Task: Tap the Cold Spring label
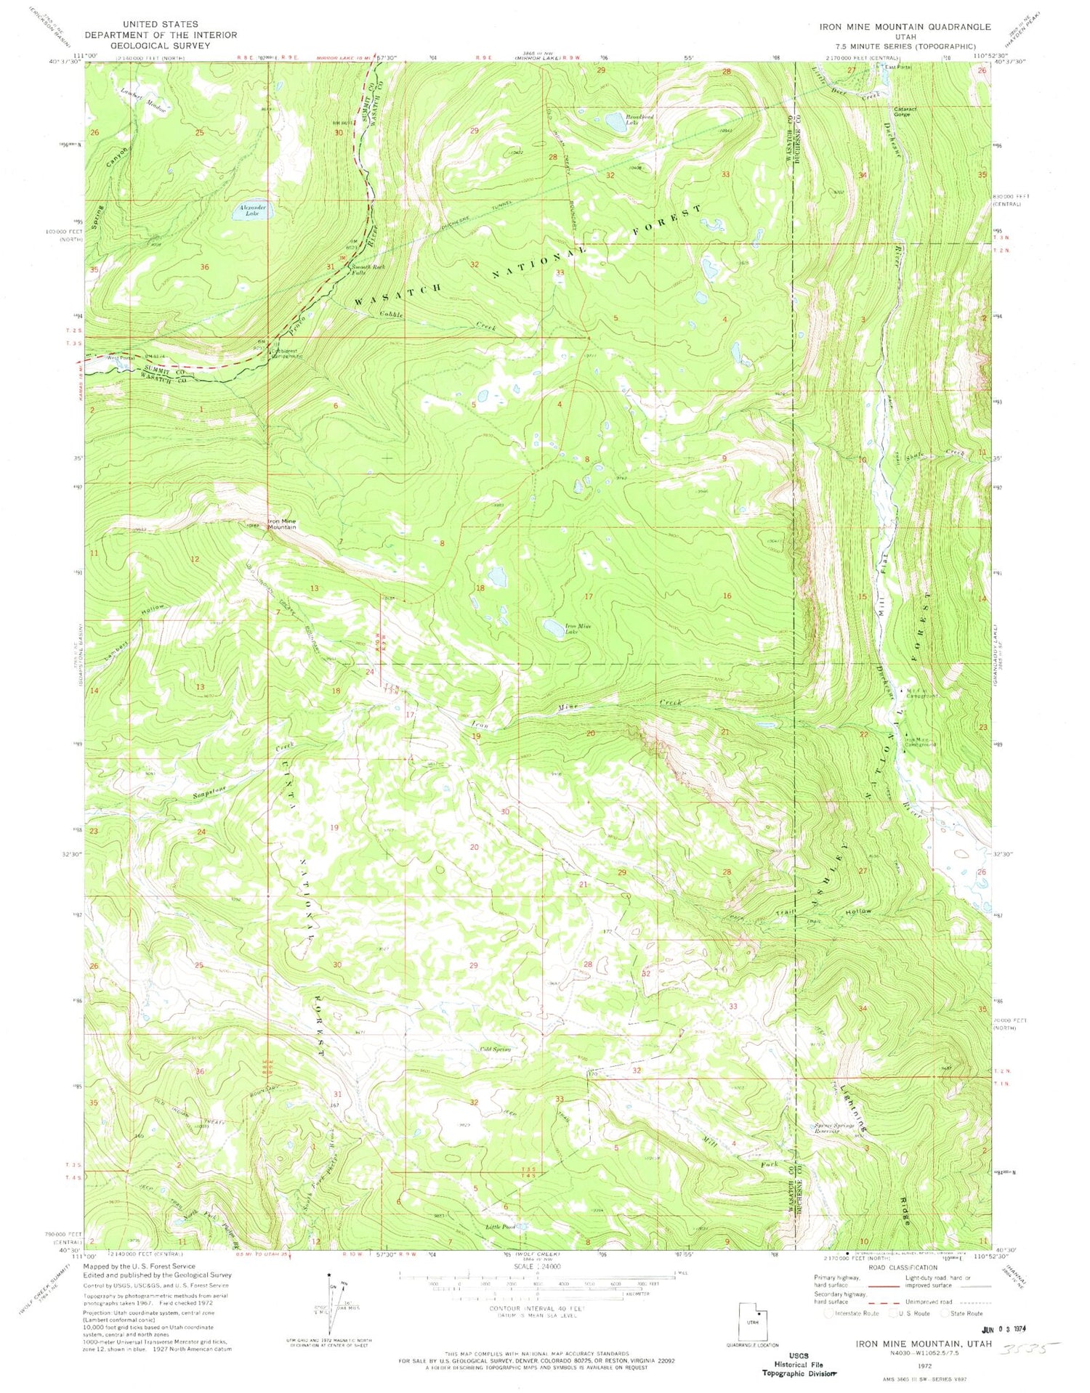click(x=496, y=1049)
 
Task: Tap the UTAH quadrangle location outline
click(x=752, y=1319)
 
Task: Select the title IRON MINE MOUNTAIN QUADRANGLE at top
click(x=904, y=27)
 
